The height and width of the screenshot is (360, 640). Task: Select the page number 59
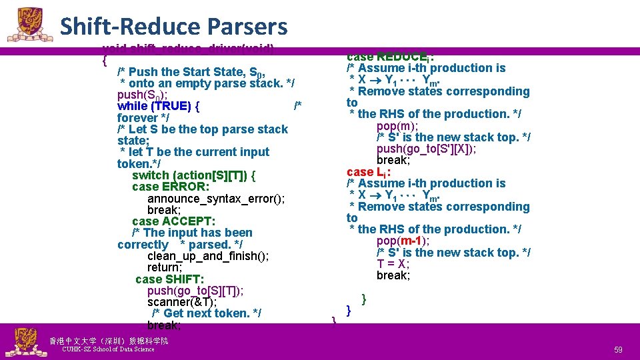click(x=618, y=349)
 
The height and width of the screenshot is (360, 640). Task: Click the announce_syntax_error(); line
click(x=216, y=199)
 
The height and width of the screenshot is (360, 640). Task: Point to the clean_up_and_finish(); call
click(x=208, y=256)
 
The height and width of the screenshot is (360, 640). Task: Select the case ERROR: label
click(x=171, y=187)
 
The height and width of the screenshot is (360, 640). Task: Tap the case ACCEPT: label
click(x=173, y=221)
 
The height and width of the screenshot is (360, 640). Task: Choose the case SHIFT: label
click(x=169, y=279)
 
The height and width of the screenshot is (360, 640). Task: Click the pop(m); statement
click(x=397, y=125)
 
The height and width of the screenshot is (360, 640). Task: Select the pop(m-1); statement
click(x=403, y=241)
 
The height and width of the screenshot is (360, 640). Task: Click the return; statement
click(x=165, y=267)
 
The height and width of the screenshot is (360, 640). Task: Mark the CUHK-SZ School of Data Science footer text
click(x=107, y=349)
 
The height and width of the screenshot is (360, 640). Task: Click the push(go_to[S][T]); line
click(x=195, y=291)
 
